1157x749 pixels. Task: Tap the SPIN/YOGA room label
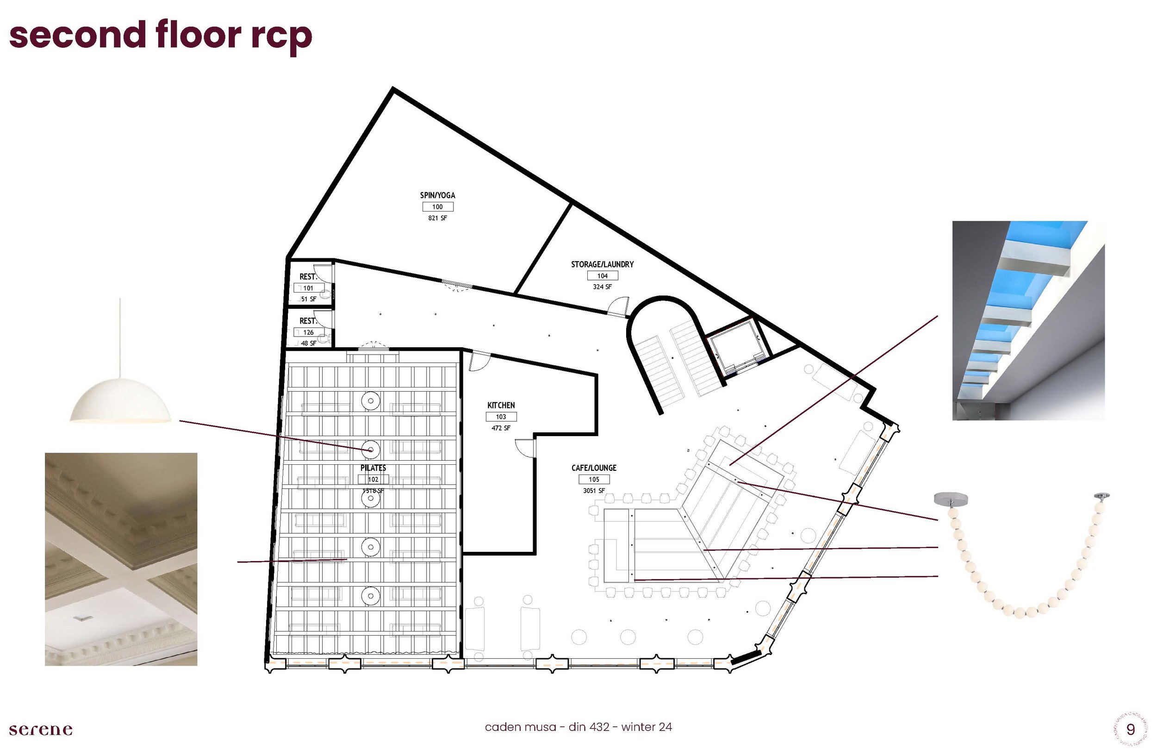point(437,195)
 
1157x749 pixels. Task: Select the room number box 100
point(437,207)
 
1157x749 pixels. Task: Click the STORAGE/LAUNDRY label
point(602,265)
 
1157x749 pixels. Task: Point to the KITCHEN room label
point(501,405)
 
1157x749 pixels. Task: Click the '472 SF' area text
point(501,428)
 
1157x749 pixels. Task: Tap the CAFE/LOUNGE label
point(594,468)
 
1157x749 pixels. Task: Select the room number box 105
point(594,480)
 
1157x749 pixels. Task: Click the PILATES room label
point(373,468)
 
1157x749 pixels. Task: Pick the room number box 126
point(308,333)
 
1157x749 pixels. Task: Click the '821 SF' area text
point(437,218)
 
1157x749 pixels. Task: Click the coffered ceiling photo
point(121,559)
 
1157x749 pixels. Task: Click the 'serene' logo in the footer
point(41,730)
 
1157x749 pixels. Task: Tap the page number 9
point(1131,730)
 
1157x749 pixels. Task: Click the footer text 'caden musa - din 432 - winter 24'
point(578,727)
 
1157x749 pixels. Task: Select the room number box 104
point(602,276)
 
